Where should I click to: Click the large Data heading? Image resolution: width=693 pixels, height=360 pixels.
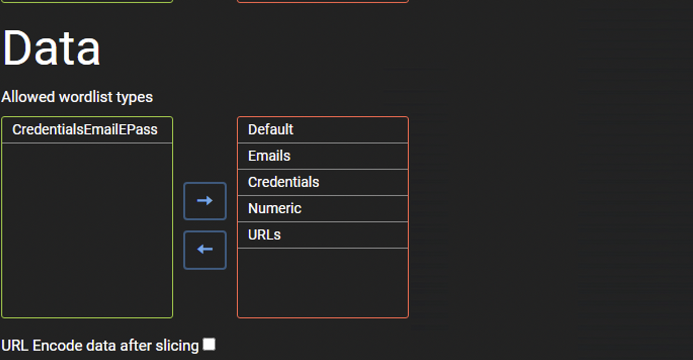(x=52, y=48)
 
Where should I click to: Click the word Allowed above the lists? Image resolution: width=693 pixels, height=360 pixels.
(x=29, y=97)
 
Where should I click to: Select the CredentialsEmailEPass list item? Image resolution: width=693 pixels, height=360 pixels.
(x=85, y=130)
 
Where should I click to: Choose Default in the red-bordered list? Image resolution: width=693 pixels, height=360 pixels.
(x=271, y=130)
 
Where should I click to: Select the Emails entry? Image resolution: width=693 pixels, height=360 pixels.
(x=269, y=156)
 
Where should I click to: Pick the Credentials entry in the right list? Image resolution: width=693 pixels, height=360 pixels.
(x=283, y=182)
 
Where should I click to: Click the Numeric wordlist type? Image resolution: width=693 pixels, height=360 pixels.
(x=275, y=208)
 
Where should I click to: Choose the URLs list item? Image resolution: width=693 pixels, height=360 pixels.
(x=264, y=235)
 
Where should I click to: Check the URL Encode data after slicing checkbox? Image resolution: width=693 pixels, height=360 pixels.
(x=209, y=344)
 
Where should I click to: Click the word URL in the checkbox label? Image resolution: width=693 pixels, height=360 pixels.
(x=15, y=346)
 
